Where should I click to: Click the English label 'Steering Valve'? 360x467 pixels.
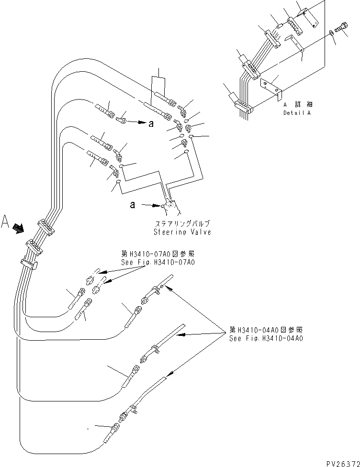pyautogui.click(x=182, y=232)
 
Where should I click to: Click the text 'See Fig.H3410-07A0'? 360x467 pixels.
pyautogui.click(x=158, y=262)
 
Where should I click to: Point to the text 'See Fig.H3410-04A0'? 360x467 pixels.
pyautogui.click(x=266, y=338)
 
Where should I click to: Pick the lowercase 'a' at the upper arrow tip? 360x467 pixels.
pyautogui.click(x=151, y=123)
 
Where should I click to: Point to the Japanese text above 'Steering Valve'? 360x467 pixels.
pyautogui.click(x=182, y=223)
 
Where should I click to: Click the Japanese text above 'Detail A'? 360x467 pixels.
pyautogui.click(x=297, y=104)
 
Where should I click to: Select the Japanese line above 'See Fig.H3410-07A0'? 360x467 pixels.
pyautogui.click(x=158, y=254)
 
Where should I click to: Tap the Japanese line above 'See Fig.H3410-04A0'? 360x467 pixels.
pyautogui.click(x=266, y=330)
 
